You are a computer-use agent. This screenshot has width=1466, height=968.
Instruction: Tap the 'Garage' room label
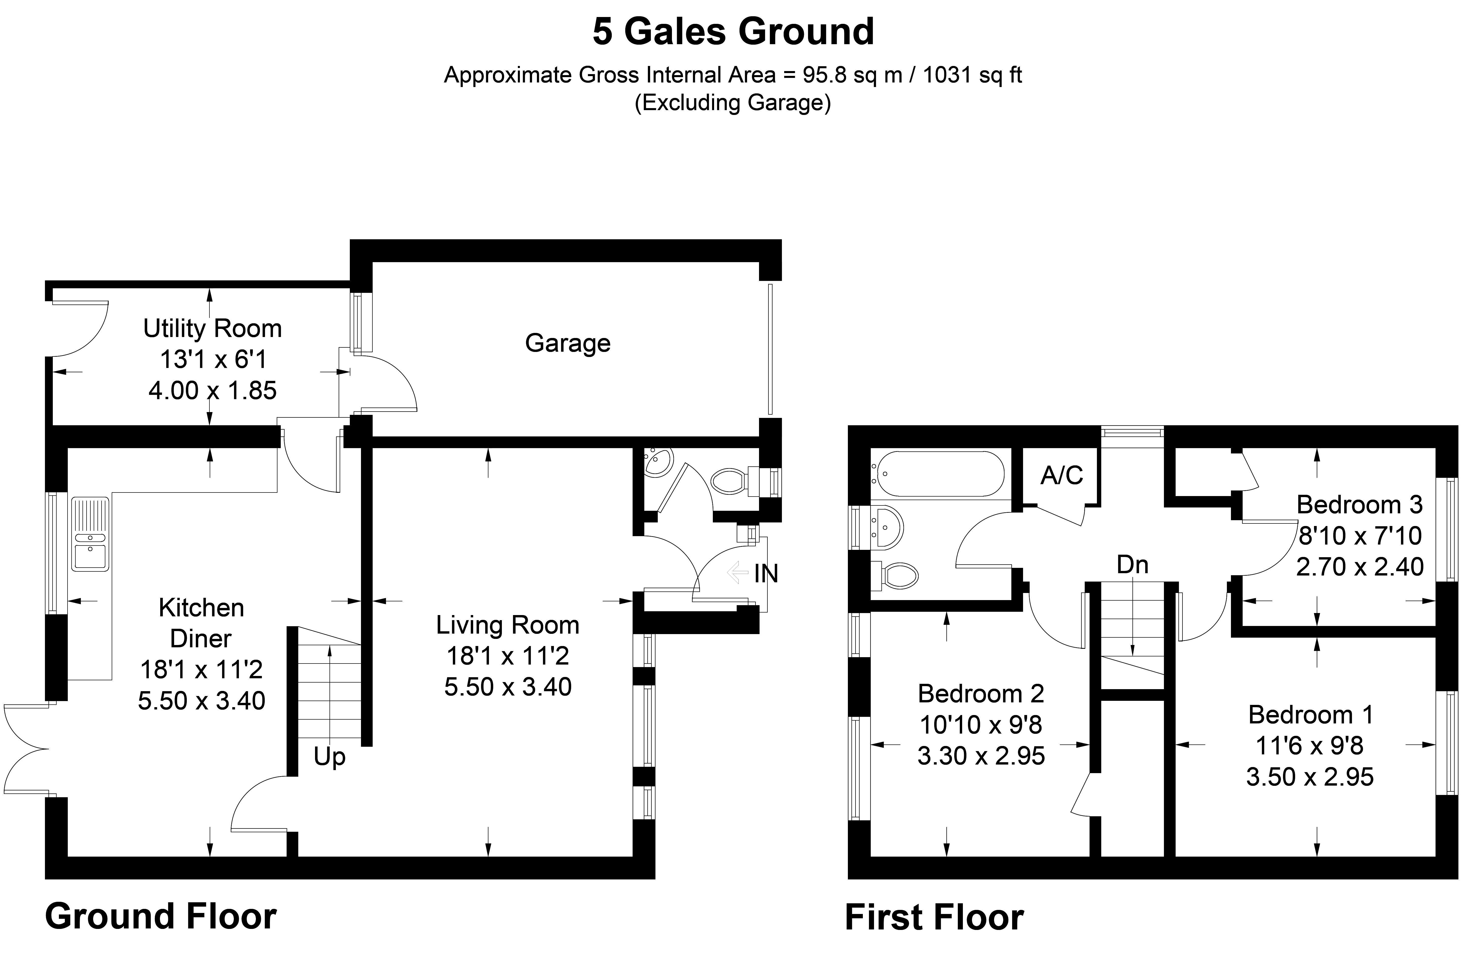coord(568,343)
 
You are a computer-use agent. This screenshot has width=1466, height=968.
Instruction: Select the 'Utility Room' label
coord(212,328)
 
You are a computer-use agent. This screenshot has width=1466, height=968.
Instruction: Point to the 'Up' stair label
coord(329,757)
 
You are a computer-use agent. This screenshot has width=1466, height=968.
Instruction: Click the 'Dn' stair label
coord(1132,565)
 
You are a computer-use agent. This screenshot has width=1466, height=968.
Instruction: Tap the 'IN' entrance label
coord(766,574)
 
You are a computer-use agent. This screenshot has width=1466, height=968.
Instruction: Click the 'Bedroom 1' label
coord(1310,715)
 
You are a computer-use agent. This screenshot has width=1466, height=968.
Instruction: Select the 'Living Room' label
coord(508,625)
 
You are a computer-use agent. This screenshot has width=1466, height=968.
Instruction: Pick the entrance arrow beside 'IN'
coord(738,572)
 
